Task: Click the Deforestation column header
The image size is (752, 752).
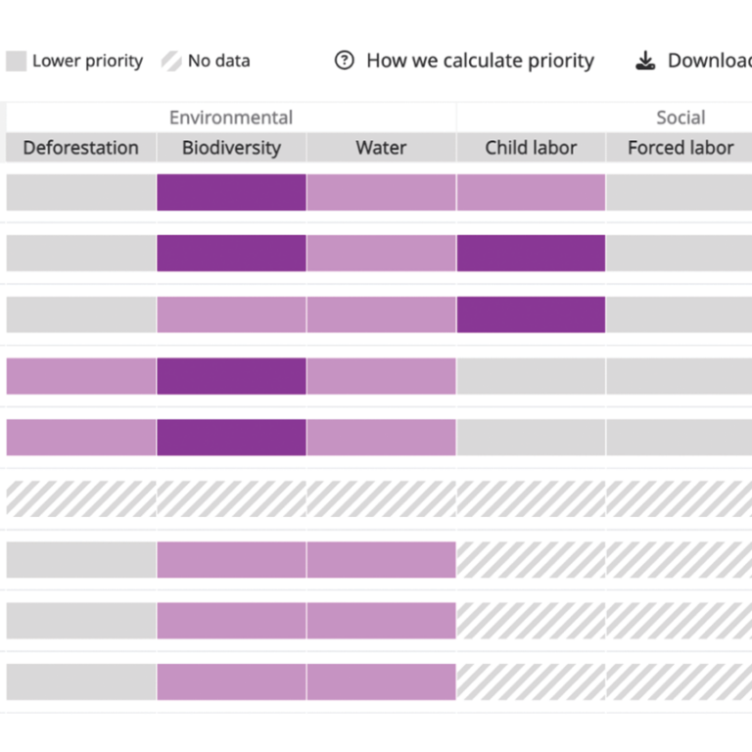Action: [x=81, y=148]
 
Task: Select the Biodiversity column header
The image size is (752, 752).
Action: [x=231, y=148]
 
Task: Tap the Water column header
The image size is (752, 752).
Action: [x=381, y=148]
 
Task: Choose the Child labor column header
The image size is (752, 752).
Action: [x=531, y=148]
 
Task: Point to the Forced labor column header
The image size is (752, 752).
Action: [x=680, y=148]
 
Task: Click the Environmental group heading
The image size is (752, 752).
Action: [x=231, y=117]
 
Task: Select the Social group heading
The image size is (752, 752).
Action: [x=681, y=117]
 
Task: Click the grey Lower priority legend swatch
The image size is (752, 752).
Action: [x=16, y=61]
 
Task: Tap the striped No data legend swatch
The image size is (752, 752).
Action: [x=171, y=61]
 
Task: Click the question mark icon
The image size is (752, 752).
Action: [x=344, y=61]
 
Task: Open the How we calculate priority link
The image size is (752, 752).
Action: [x=480, y=61]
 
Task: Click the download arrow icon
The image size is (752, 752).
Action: [x=645, y=61]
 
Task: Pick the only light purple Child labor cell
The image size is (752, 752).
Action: [x=531, y=192]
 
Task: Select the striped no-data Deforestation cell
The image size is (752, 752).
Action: [x=81, y=498]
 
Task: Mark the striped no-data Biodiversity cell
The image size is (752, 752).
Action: [x=231, y=498]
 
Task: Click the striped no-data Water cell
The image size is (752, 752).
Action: [x=381, y=498]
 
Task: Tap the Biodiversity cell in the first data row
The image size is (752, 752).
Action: [x=231, y=192]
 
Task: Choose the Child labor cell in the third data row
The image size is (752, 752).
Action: [x=531, y=314]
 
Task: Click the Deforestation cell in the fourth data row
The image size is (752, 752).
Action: [x=81, y=376]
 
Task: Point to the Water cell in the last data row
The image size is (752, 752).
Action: [x=381, y=681]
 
